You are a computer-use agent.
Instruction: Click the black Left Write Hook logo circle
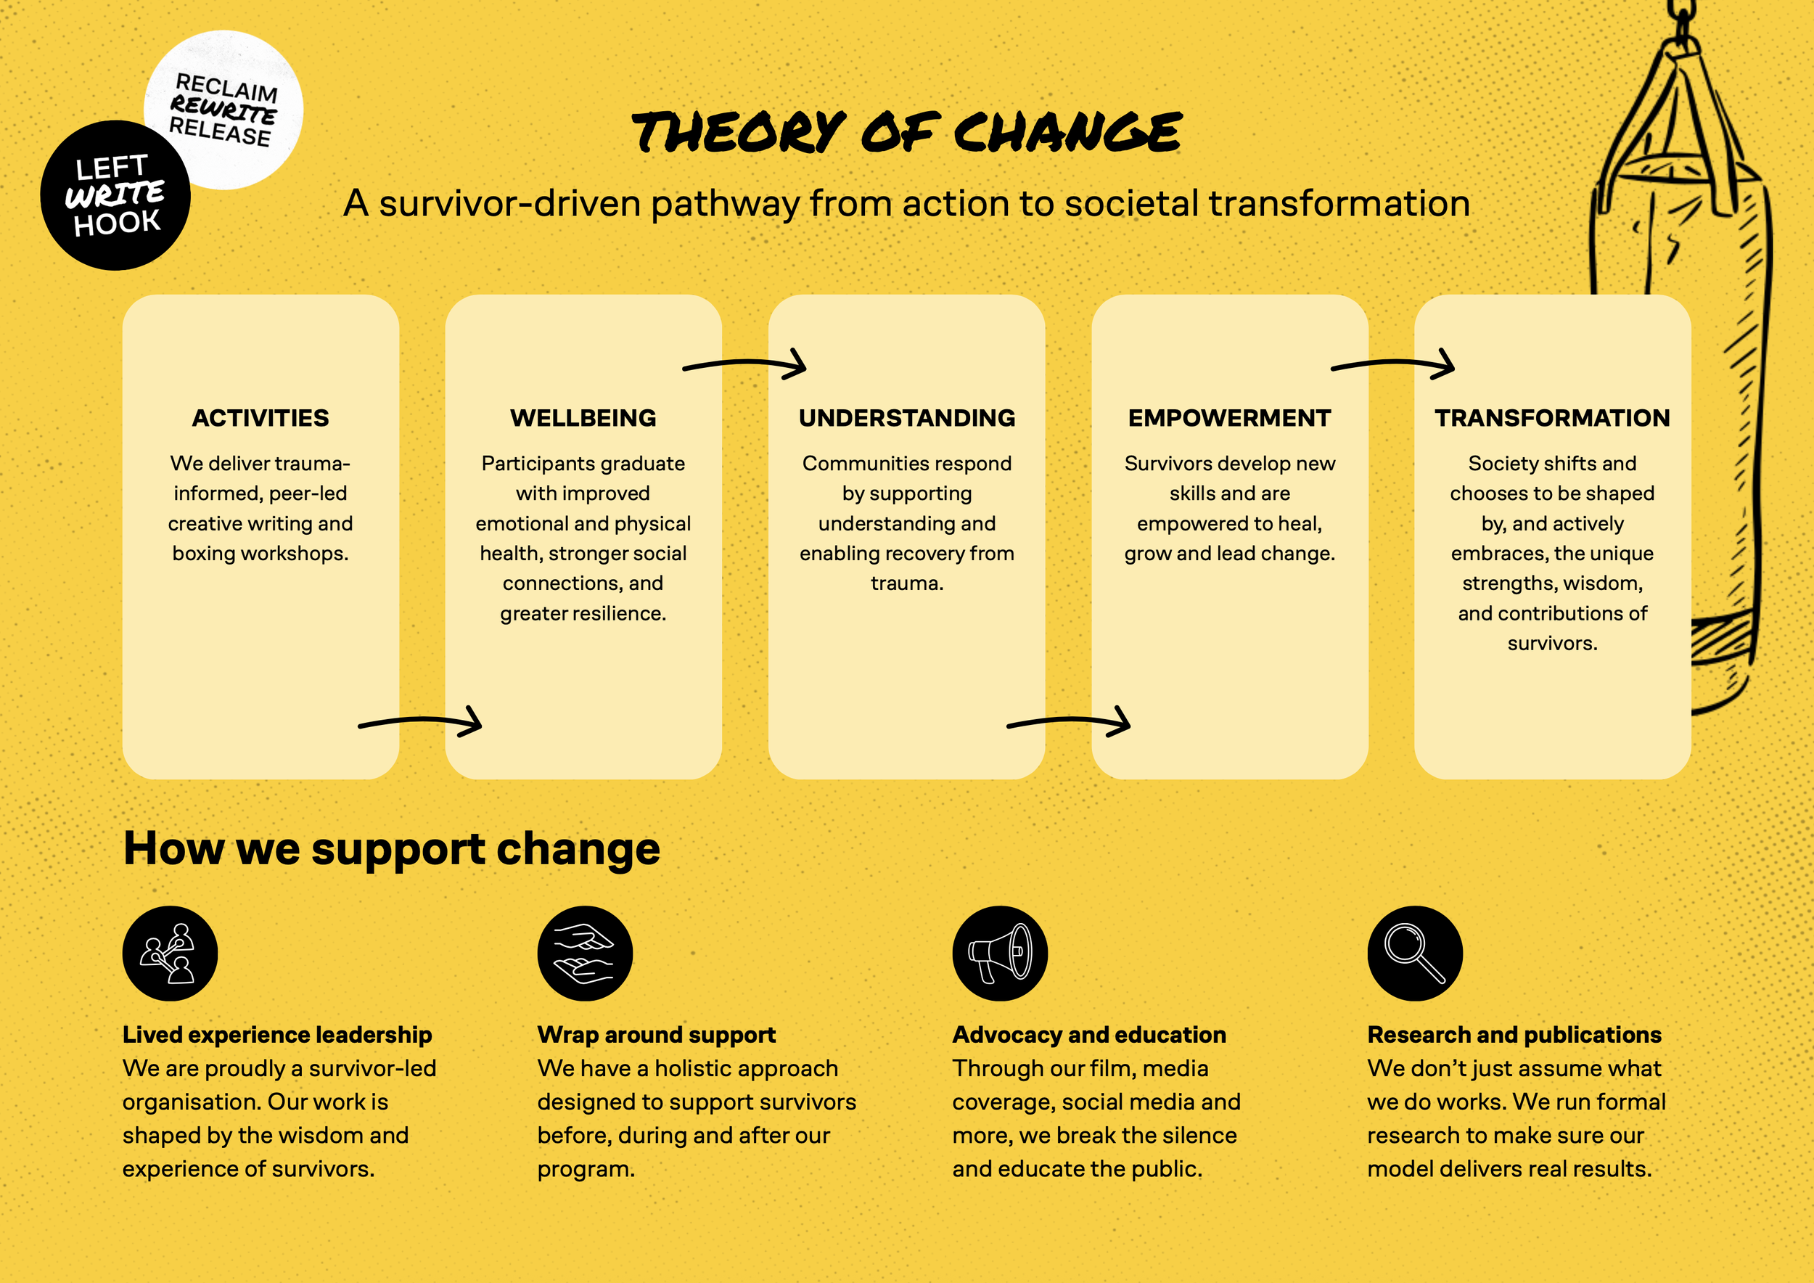coord(115,196)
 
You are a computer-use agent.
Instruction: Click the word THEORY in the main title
coord(739,132)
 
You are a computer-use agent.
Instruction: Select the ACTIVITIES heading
coord(260,418)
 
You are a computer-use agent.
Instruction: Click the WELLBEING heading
coord(583,418)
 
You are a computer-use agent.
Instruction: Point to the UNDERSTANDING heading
coord(906,418)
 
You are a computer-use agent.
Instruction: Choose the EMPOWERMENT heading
coord(1229,418)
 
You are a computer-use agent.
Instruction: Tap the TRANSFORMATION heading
coord(1552,418)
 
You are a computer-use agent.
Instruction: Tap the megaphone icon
coord(999,954)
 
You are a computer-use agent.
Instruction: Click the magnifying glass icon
coord(1414,954)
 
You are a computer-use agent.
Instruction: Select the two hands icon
coord(585,954)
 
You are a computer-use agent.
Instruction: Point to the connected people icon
coord(170,954)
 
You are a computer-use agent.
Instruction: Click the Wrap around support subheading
coord(656,1035)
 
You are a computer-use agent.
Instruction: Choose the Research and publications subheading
coord(1514,1035)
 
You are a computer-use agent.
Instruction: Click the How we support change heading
coord(391,849)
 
